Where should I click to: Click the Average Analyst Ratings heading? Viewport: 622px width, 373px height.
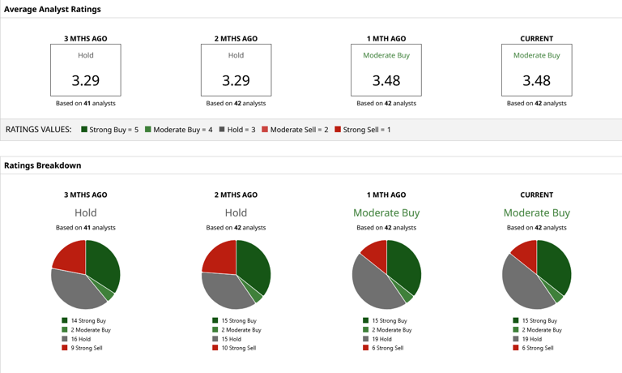(x=53, y=9)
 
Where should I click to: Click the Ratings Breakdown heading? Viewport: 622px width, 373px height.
(x=42, y=165)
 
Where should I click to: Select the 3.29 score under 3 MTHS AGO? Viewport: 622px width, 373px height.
(x=86, y=80)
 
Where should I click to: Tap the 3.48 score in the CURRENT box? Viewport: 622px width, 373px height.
(x=536, y=80)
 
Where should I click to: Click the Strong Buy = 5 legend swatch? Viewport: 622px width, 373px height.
(x=84, y=129)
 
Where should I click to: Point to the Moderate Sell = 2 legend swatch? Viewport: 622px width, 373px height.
(x=265, y=129)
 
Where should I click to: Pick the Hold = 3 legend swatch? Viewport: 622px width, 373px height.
(x=222, y=129)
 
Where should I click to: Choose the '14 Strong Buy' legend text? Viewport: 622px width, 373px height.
(x=88, y=320)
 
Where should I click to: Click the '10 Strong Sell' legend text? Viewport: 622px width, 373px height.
(x=239, y=348)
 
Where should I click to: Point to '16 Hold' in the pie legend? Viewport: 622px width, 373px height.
(x=81, y=339)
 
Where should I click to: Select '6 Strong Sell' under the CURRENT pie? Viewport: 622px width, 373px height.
(x=538, y=348)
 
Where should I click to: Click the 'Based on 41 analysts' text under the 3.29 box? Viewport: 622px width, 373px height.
(x=86, y=103)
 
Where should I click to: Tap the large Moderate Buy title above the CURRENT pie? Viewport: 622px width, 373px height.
(x=537, y=213)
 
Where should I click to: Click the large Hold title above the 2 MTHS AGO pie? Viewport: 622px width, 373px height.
(x=236, y=213)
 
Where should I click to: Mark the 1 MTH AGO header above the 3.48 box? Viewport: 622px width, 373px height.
(x=386, y=39)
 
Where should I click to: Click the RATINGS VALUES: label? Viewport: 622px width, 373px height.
(x=39, y=130)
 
